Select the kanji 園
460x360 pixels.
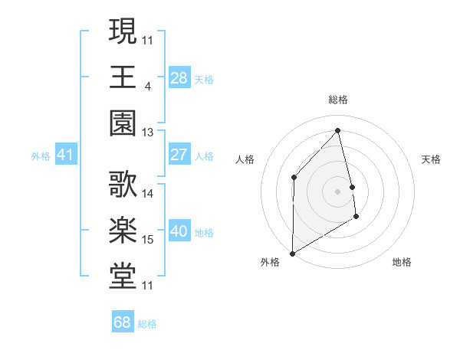pos(123,123)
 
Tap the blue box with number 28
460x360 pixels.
pos(179,77)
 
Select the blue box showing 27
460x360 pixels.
pos(179,155)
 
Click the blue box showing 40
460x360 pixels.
pos(179,231)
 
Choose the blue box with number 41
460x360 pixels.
pos(65,155)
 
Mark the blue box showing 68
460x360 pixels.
pos(123,322)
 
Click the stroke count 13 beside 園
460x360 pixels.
pos(148,133)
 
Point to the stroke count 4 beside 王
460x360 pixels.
pos(147,86)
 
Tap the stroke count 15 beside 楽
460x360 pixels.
pos(148,240)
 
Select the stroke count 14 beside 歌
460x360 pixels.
pos(148,194)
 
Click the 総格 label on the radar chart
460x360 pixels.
pos(337,100)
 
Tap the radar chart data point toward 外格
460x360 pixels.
pos(292,253)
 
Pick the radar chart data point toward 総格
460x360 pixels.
pos(337,130)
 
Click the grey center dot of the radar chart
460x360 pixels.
pos(337,191)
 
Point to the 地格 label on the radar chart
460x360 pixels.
pos(402,262)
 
